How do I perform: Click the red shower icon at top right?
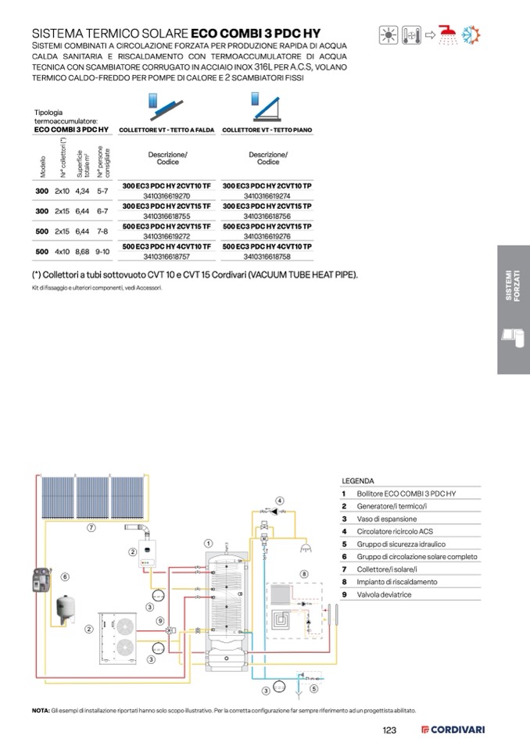pyautogui.click(x=448, y=34)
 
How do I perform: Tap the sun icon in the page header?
pyautogui.click(x=388, y=34)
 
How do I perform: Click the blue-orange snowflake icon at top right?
pyautogui.click(x=471, y=34)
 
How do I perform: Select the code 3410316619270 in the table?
pyautogui.click(x=167, y=196)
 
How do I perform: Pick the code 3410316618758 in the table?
pyautogui.click(x=267, y=256)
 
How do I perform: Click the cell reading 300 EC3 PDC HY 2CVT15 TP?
pyautogui.click(x=267, y=206)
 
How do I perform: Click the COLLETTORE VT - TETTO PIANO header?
pyautogui.click(x=267, y=130)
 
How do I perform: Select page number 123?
pyautogui.click(x=389, y=730)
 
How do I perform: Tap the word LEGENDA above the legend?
pyautogui.click(x=358, y=481)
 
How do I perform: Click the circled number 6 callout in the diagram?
pyautogui.click(x=65, y=576)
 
